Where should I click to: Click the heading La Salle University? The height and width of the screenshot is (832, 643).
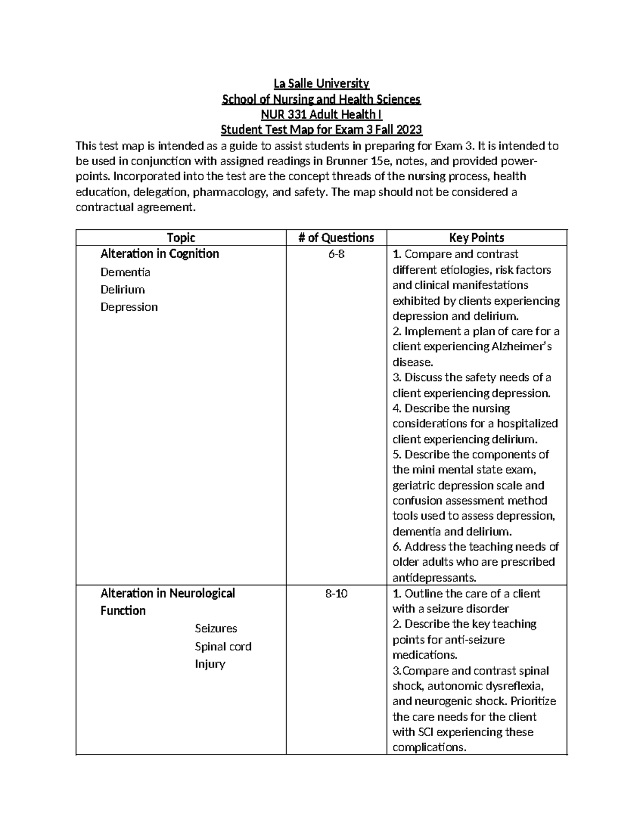(x=322, y=84)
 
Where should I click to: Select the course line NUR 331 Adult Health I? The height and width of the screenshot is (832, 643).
(x=322, y=115)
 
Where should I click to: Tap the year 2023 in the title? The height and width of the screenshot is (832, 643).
(x=408, y=130)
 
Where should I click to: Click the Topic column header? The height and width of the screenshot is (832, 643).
(x=181, y=238)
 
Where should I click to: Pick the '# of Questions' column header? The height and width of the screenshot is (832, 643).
(x=337, y=238)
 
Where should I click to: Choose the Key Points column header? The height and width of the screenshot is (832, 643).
(x=476, y=238)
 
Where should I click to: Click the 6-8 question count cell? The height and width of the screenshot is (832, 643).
(x=337, y=254)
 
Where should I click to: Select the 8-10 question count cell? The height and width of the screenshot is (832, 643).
(x=337, y=594)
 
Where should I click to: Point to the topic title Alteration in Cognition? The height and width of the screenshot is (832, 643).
(x=160, y=254)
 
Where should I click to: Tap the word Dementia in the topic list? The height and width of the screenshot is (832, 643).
(x=125, y=272)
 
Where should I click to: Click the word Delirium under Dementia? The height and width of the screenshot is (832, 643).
(x=123, y=290)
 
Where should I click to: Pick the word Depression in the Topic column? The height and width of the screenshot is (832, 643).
(x=129, y=308)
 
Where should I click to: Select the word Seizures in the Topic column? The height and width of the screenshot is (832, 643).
(x=216, y=628)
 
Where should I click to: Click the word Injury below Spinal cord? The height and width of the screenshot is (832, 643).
(x=210, y=664)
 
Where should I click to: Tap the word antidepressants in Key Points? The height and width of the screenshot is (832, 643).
(x=434, y=578)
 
